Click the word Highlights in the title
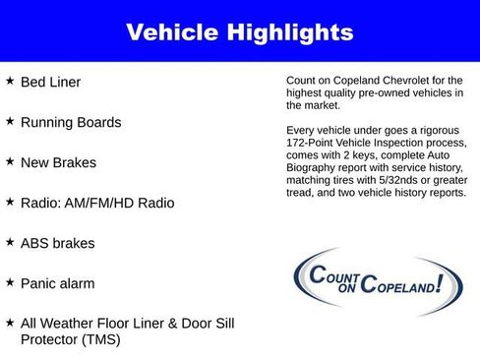click(x=288, y=32)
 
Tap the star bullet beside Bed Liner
click(x=10, y=82)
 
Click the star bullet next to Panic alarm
click(x=10, y=282)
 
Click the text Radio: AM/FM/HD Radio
click(x=97, y=203)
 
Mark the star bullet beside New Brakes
click(x=10, y=162)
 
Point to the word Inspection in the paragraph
click(x=405, y=142)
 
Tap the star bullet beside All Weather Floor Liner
click(x=10, y=323)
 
